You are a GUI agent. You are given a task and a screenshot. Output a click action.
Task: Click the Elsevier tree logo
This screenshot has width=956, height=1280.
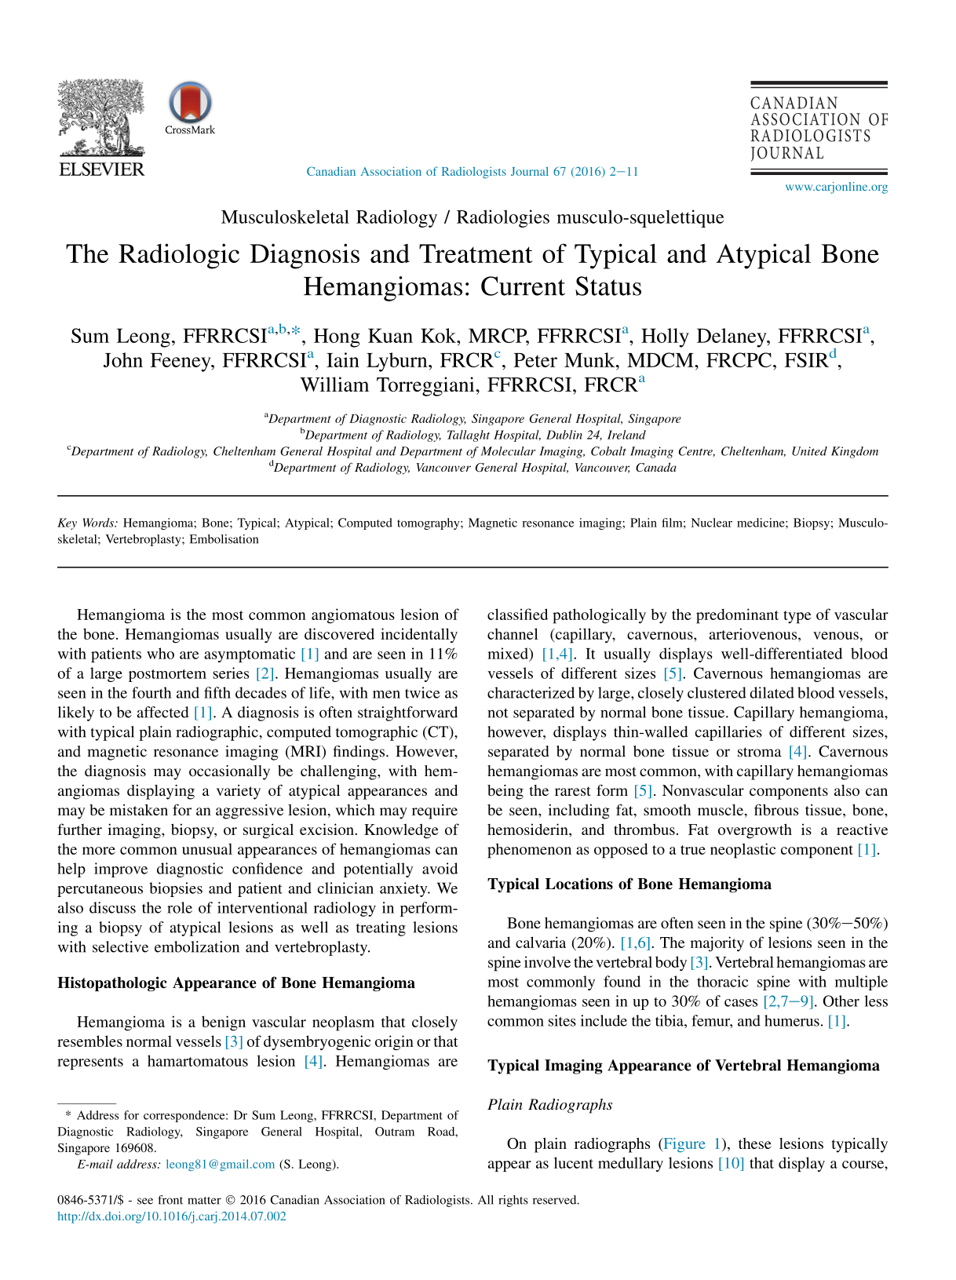[x=101, y=118]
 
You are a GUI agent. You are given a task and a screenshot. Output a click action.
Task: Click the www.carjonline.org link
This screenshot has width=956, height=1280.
[x=836, y=187]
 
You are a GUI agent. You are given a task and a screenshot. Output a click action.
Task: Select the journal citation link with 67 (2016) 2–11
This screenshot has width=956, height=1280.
[x=472, y=171]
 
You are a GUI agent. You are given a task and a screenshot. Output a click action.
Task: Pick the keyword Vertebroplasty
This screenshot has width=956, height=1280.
[x=143, y=539]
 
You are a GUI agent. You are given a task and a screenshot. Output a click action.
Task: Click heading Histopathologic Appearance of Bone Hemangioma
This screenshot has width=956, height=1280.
[x=236, y=983]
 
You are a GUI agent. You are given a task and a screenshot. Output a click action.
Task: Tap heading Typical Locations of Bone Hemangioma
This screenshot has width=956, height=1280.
[x=629, y=884]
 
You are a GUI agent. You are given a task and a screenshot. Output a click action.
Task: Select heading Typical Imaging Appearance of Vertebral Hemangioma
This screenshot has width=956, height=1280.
[x=684, y=1066]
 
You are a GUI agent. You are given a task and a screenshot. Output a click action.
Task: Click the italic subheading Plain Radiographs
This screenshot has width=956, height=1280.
[x=550, y=1105]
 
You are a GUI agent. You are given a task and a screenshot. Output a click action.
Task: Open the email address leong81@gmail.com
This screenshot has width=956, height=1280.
[x=221, y=1164]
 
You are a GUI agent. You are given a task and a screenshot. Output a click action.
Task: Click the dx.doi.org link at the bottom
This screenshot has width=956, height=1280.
[x=172, y=1216]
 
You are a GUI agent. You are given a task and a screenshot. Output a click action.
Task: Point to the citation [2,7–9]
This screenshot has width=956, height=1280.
[x=789, y=1001]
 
